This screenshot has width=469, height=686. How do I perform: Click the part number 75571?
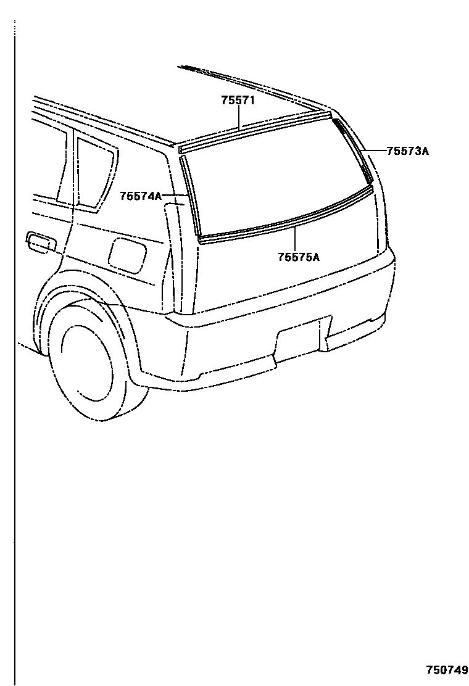[238, 101]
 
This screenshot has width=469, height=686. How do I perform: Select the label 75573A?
[407, 150]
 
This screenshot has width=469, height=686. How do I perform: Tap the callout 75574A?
[141, 196]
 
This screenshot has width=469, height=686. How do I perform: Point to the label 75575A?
[299, 257]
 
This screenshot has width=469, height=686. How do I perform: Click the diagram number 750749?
[446, 670]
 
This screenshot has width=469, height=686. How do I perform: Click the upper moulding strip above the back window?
[253, 131]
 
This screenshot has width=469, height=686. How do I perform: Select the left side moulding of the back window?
[189, 194]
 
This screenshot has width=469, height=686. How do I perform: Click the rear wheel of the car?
[93, 364]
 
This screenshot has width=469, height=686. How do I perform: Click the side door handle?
[41, 241]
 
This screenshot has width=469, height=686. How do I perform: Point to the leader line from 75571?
[238, 117]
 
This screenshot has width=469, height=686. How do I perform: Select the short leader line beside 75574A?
[172, 196]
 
